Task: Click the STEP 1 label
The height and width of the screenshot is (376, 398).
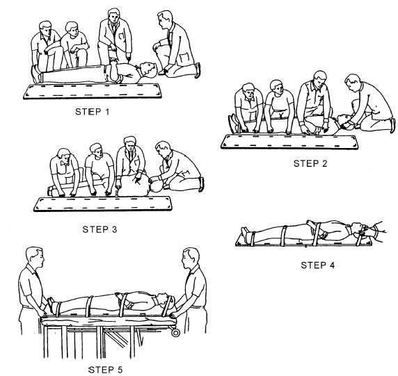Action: (93, 112)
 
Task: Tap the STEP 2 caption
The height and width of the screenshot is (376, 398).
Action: (310, 163)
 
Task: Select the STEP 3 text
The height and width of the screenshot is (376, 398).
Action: (99, 229)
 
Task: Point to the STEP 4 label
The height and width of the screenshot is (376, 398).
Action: (318, 265)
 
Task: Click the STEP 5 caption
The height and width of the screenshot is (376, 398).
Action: (105, 370)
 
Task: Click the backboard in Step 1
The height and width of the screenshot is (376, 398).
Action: (93, 91)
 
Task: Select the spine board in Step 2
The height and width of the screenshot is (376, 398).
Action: (289, 142)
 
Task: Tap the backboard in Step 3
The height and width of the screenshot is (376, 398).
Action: (103, 204)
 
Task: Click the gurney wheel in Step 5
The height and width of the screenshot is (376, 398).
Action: (175, 332)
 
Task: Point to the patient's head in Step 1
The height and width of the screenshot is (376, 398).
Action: (148, 70)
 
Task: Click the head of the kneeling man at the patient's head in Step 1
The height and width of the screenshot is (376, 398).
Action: (164, 19)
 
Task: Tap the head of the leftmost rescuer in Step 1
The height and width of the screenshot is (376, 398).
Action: (45, 28)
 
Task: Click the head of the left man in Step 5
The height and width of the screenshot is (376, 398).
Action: (35, 257)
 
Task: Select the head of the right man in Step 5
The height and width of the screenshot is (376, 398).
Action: (191, 258)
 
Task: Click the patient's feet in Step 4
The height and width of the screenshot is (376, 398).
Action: (246, 234)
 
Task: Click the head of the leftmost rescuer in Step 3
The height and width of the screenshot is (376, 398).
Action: (64, 156)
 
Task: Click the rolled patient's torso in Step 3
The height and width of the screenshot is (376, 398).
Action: (134, 186)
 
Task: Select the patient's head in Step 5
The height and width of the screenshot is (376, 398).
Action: (165, 299)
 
